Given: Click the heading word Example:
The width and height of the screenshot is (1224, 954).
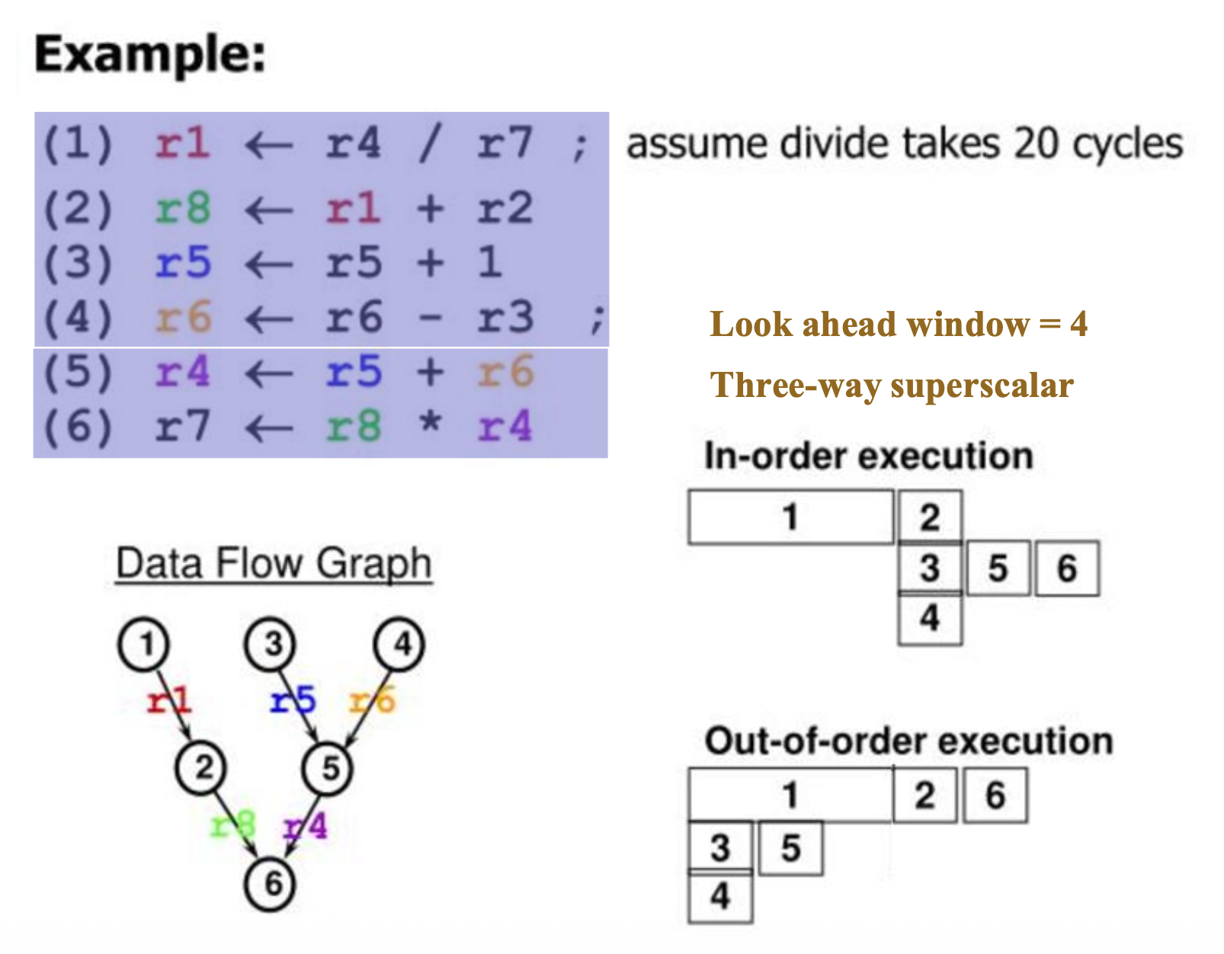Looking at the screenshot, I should click(x=150, y=55).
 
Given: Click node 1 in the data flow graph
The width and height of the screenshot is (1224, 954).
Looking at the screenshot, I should click(x=144, y=645).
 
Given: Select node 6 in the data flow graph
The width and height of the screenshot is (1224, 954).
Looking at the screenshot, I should click(x=271, y=884).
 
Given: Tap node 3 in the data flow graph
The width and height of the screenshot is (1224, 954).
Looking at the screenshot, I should click(x=271, y=645).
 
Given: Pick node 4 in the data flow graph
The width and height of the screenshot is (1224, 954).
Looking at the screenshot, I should click(x=399, y=645).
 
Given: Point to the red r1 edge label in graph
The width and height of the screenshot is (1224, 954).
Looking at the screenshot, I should click(x=168, y=699).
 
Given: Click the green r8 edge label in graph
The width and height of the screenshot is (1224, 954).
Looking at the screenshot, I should click(x=232, y=825).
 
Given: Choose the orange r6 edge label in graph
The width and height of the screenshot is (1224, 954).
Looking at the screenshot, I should click(x=373, y=699).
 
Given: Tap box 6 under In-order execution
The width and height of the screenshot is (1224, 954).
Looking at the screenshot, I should click(x=1066, y=568).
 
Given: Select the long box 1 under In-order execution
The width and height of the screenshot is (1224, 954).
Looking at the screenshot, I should click(x=790, y=517).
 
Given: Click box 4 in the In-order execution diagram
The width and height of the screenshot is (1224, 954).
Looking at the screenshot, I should click(x=930, y=618).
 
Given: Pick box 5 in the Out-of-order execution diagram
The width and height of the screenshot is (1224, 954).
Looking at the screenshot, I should click(x=790, y=848).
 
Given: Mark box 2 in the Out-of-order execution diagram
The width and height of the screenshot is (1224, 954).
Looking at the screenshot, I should click(x=924, y=796).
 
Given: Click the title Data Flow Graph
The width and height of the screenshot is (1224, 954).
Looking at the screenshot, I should click(x=274, y=564).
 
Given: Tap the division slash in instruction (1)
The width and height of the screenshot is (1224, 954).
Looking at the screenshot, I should click(x=430, y=143).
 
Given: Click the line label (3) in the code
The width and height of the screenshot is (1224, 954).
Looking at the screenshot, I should click(x=78, y=263).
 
